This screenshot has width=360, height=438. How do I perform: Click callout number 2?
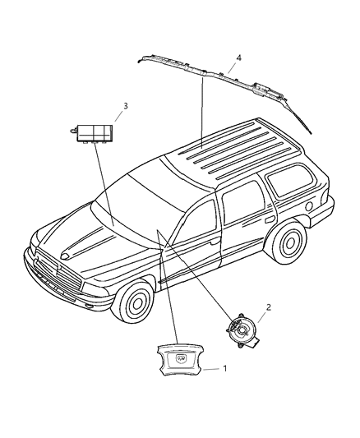click(266, 307)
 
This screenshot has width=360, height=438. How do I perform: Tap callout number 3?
click(125, 106)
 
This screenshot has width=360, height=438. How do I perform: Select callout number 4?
click(238, 58)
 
